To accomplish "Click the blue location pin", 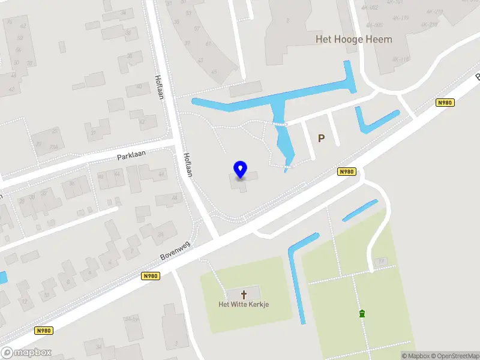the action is click(241, 169).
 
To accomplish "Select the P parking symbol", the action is click(321, 138).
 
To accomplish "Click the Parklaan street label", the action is click(131, 156).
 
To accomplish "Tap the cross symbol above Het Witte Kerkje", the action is click(244, 294).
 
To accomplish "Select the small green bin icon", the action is click(362, 313).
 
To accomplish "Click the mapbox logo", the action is click(26, 352).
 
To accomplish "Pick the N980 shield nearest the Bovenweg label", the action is click(151, 276).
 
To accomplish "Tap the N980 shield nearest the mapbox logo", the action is click(43, 330).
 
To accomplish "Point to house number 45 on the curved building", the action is click(215, 73).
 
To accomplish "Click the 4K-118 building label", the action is click(400, 59).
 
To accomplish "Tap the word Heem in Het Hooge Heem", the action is click(380, 40).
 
